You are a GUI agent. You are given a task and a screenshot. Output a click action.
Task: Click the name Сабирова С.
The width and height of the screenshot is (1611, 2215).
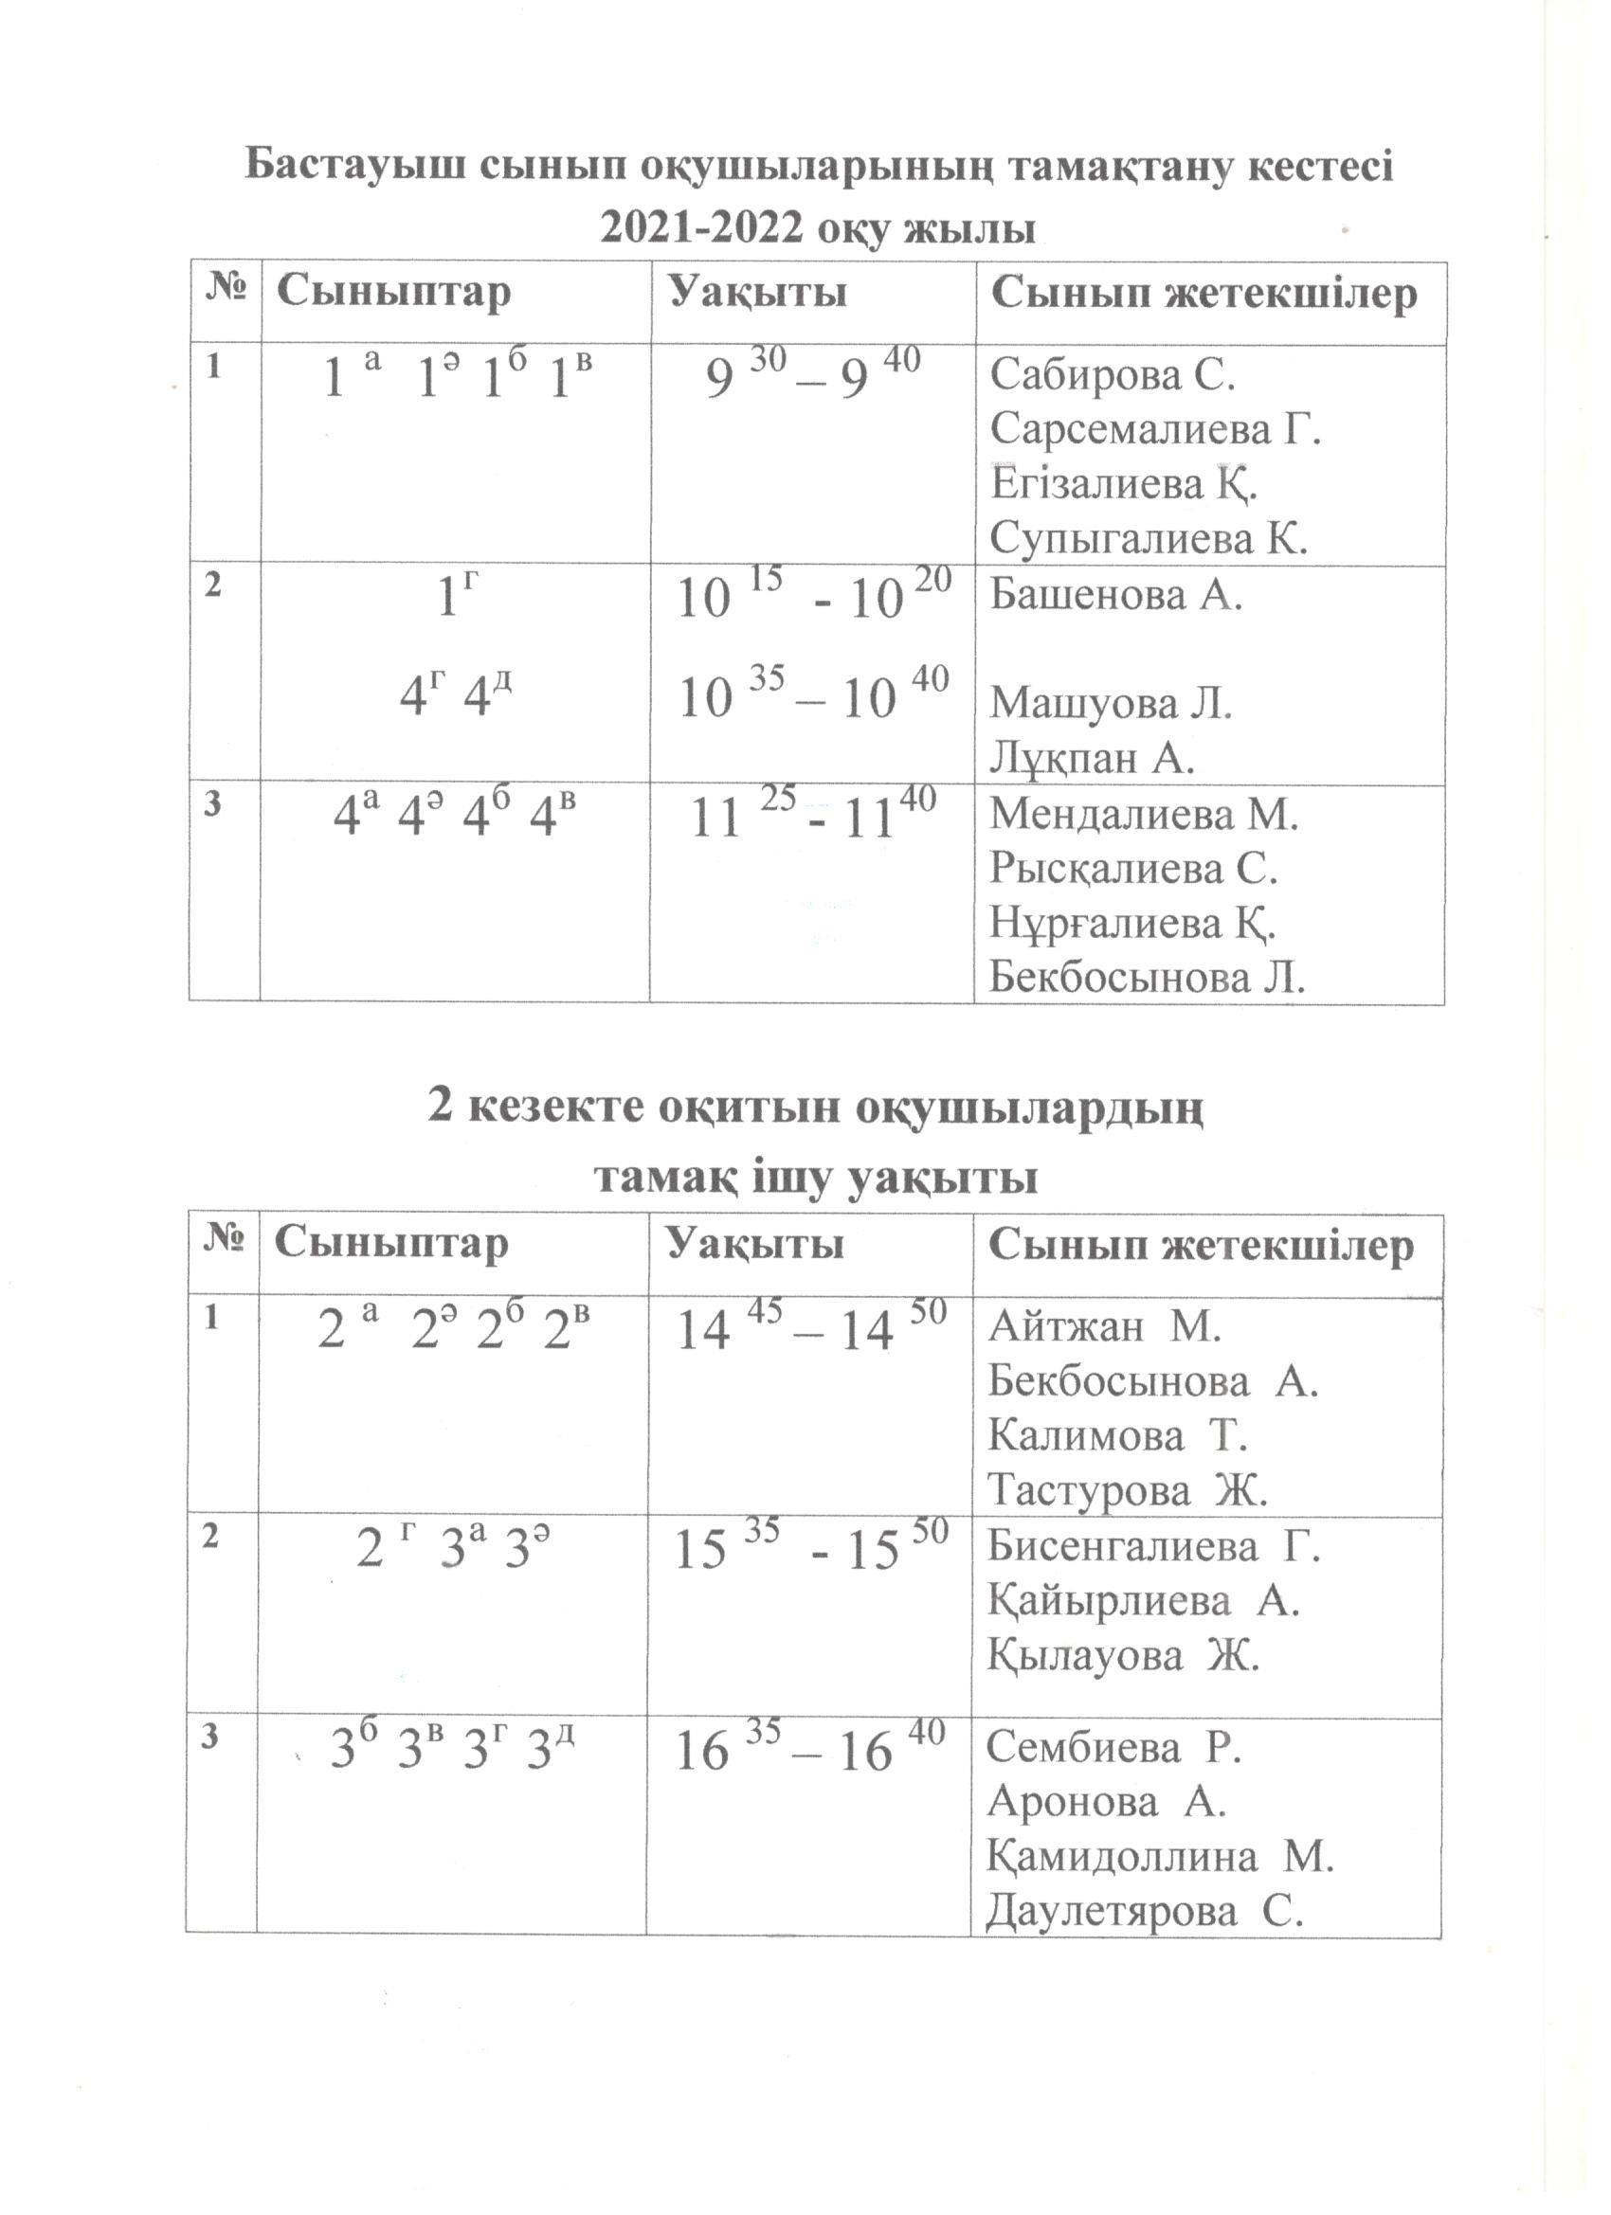pos(1113,374)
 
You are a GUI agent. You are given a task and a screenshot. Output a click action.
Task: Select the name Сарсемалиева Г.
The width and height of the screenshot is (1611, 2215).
pos(1155,429)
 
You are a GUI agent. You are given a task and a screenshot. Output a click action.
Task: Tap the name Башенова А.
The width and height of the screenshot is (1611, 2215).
pos(1115,594)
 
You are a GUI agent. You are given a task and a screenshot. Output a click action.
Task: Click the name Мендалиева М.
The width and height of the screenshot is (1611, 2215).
pos(1144,814)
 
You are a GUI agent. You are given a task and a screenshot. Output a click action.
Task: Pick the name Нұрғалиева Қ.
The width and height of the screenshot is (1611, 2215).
pos(1132,923)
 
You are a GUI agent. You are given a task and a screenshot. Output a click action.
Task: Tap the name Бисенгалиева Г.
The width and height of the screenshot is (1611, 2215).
pos(1152,1546)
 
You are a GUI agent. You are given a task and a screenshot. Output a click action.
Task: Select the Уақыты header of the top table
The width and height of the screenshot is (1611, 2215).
pos(757,293)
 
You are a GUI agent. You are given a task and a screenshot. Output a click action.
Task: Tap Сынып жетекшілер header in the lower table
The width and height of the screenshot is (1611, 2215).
pos(1201,1244)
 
